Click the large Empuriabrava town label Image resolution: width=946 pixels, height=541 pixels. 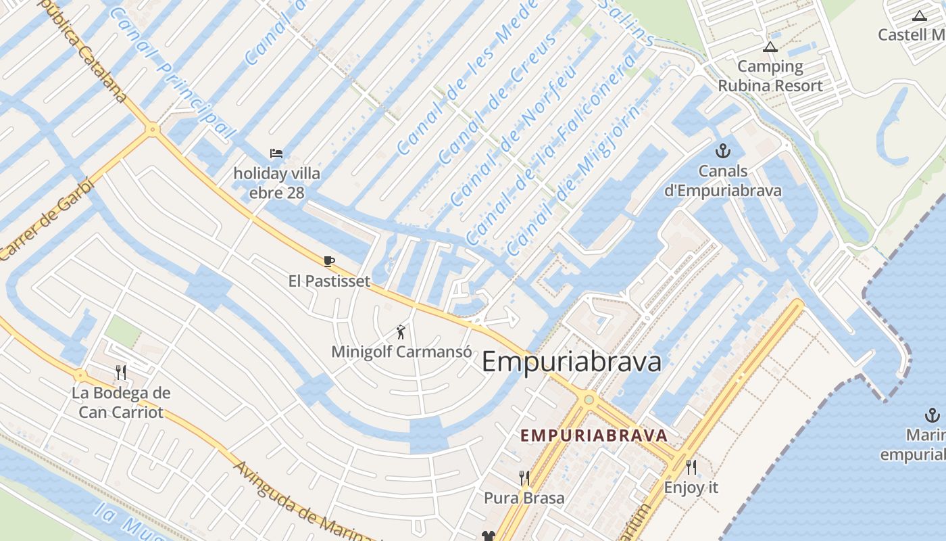[571, 362]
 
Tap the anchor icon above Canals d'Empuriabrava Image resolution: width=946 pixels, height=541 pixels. [722, 151]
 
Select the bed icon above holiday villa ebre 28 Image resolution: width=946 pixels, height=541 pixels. [276, 154]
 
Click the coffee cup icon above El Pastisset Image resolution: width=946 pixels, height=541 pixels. [329, 261]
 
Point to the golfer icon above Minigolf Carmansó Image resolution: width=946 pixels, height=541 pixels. [401, 332]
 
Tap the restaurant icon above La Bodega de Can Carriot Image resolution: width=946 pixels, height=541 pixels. [121, 372]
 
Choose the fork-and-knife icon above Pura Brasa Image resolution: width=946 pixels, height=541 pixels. [524, 478]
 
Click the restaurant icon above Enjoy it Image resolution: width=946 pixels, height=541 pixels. [691, 467]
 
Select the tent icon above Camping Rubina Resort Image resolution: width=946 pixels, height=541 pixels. [770, 47]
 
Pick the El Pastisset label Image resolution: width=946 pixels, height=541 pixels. [329, 281]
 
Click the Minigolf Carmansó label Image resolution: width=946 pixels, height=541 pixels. [401, 352]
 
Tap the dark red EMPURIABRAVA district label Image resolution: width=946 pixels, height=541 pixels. [594, 436]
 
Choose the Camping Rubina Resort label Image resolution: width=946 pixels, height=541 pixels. [770, 76]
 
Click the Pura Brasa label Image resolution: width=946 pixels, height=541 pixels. [524, 498]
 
